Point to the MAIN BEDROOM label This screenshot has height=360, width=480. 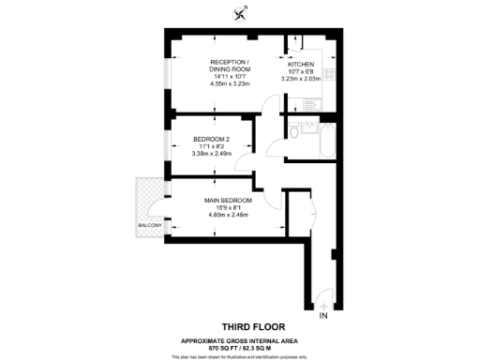click(x=229, y=200)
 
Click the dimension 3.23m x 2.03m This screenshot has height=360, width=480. click(x=300, y=79)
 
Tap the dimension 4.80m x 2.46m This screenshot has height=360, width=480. click(x=229, y=215)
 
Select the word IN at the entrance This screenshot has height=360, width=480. click(x=323, y=318)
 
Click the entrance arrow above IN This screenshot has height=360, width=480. click(x=323, y=305)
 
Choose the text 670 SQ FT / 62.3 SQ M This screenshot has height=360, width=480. click(x=240, y=347)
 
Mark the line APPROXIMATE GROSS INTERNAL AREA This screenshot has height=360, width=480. click(x=240, y=340)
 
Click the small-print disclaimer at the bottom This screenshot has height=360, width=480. click(x=240, y=356)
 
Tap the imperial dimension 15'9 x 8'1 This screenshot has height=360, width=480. click(x=229, y=207)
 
